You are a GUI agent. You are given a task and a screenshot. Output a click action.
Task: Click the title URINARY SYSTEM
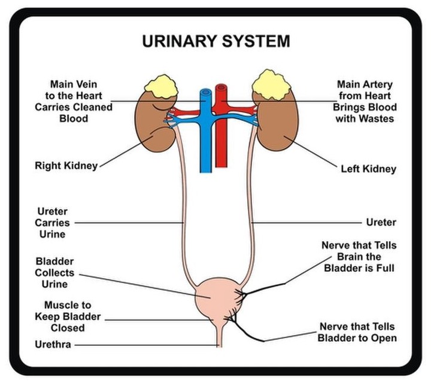[x=216, y=41]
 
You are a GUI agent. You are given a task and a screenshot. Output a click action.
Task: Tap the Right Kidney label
[x=66, y=166]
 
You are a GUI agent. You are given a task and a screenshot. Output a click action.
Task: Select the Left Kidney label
[x=369, y=169]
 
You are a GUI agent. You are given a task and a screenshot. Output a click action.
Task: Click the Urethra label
[x=53, y=344]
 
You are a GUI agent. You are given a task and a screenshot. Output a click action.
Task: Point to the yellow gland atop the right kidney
[x=161, y=87]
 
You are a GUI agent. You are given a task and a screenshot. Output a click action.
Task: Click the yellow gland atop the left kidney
[x=271, y=85]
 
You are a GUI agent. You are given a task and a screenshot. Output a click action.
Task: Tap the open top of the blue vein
[x=205, y=92]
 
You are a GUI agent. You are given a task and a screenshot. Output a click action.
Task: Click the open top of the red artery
[x=221, y=87]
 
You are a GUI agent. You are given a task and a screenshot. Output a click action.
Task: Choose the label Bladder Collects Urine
[x=54, y=272]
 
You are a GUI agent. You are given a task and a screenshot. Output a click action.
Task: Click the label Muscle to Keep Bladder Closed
[x=68, y=317]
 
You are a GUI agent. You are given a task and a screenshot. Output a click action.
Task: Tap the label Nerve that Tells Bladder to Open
[x=357, y=332]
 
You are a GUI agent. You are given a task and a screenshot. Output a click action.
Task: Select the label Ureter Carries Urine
[x=52, y=223]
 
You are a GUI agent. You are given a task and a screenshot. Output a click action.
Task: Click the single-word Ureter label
[x=381, y=222]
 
